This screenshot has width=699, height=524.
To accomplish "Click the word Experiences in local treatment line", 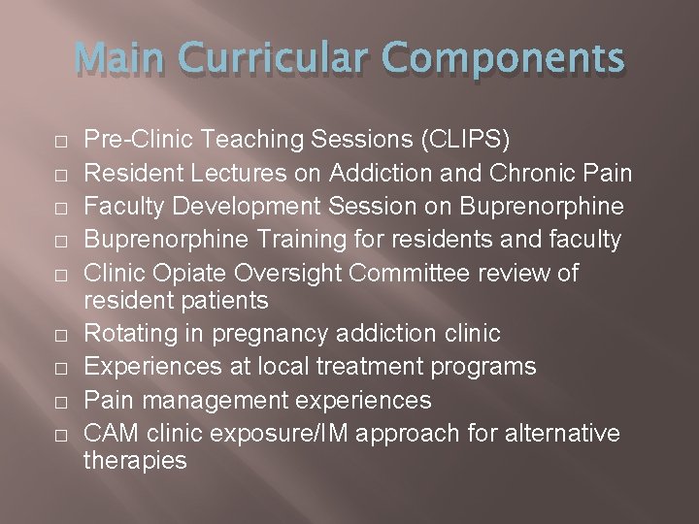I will pos(153,368).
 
